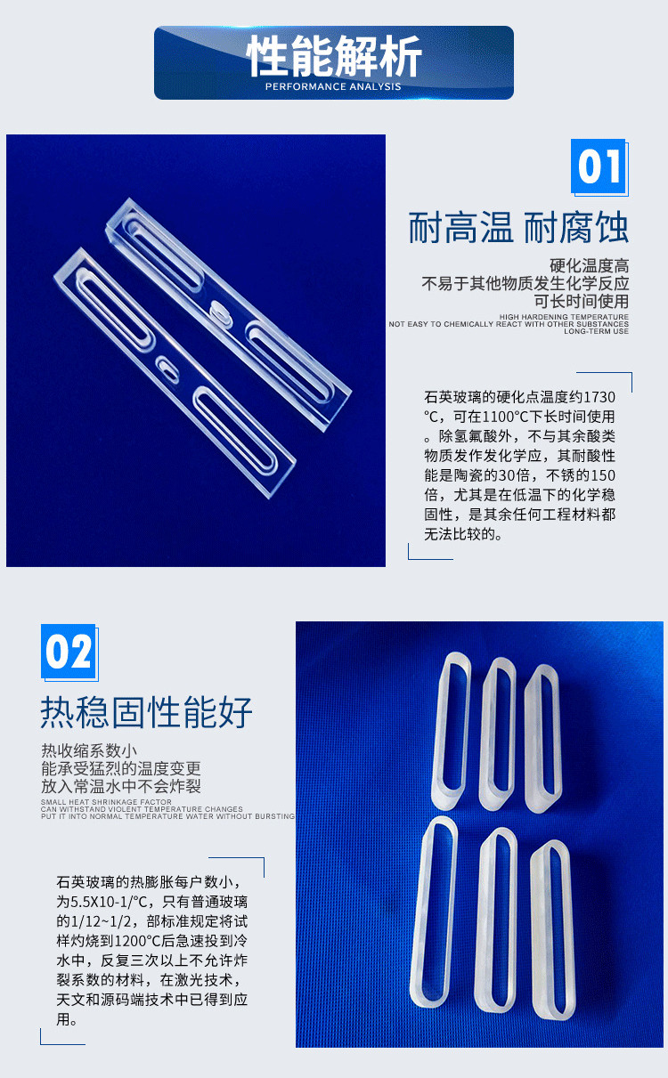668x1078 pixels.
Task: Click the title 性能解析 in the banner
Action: (334, 56)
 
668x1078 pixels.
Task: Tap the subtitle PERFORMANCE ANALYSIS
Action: (333, 86)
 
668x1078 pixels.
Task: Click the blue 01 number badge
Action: (599, 166)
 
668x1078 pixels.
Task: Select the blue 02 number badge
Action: (69, 652)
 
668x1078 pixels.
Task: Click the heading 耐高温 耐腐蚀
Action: (518, 227)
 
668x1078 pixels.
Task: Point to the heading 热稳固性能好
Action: (146, 712)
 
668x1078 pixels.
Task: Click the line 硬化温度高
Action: (589, 265)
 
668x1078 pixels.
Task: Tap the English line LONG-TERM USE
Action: (596, 331)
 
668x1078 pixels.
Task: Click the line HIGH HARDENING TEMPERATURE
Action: (564, 317)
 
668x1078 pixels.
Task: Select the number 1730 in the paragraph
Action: (599, 397)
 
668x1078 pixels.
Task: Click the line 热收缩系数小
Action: (89, 750)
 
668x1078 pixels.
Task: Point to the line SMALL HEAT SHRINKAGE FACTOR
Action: (106, 802)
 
